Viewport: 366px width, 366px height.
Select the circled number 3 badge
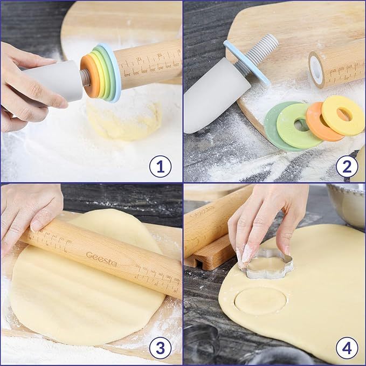click(160, 348)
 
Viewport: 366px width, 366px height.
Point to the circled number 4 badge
click(347, 348)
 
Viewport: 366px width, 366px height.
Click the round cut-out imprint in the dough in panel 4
click(260, 300)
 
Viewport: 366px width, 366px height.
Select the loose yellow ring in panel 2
click(342, 114)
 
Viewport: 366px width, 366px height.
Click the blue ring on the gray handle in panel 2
click(247, 62)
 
